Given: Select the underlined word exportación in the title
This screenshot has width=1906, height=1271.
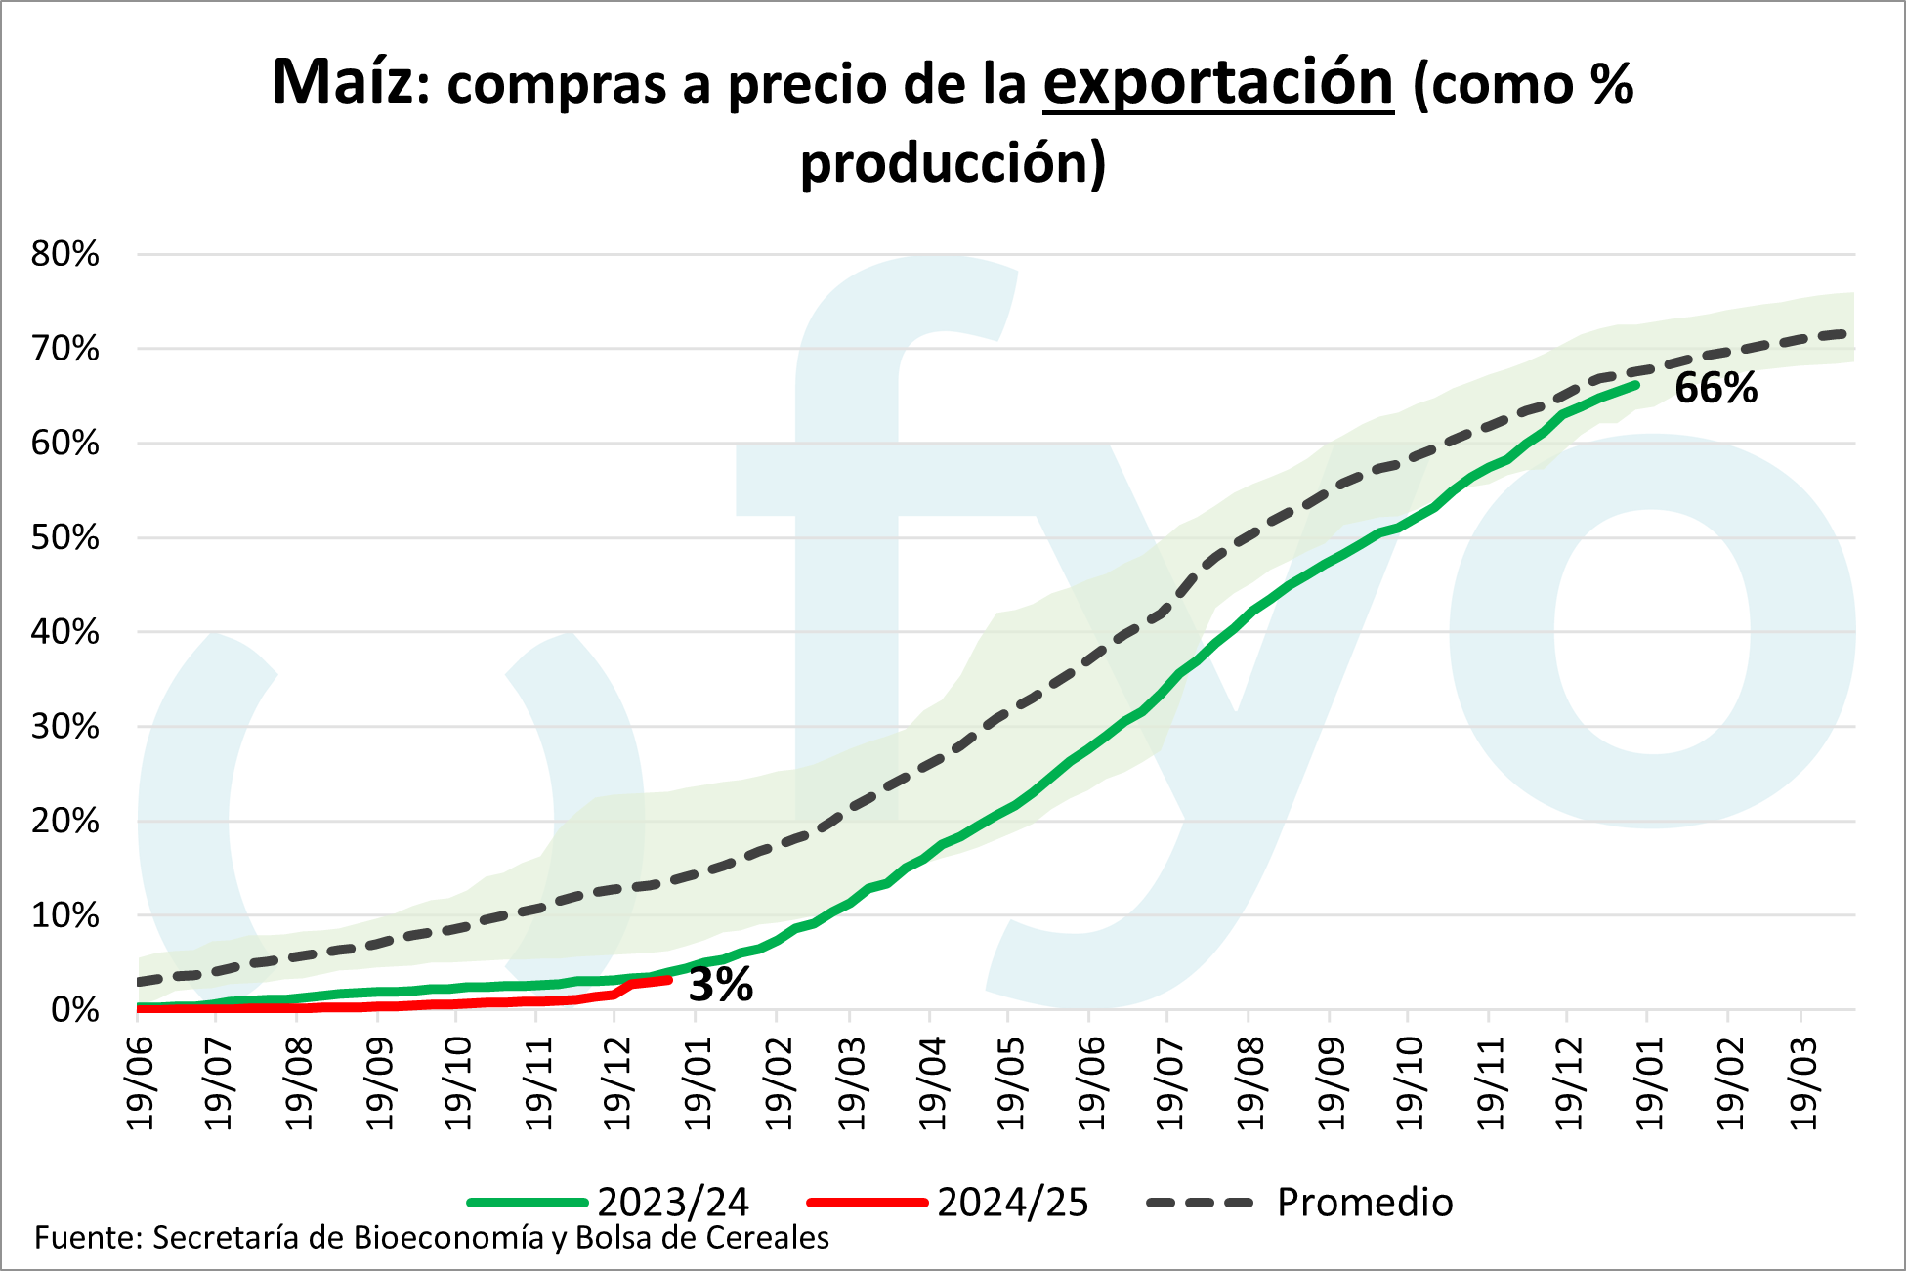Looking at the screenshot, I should (x=1217, y=84).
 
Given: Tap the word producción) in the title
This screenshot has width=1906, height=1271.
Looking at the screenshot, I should (x=953, y=162).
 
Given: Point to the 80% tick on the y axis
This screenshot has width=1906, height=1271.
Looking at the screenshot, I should (x=65, y=255).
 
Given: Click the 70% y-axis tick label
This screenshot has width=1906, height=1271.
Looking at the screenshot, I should (x=65, y=349).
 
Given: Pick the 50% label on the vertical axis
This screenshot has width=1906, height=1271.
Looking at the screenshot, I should (x=65, y=538).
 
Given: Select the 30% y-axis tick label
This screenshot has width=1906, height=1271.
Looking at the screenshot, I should (x=65, y=727).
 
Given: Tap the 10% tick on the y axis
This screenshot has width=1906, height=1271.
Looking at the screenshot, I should (x=65, y=916).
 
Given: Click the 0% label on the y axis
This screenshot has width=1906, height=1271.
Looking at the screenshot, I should (x=74, y=1010).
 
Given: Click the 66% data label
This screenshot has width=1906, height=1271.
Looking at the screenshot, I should (x=1715, y=389).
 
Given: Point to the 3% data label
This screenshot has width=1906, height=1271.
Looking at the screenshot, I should (x=721, y=985).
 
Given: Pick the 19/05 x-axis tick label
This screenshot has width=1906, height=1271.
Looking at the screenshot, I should (x=1011, y=1082).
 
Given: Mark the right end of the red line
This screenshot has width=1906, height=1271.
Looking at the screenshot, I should (x=669, y=978).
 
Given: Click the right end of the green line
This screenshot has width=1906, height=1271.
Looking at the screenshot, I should (x=1636, y=385).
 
